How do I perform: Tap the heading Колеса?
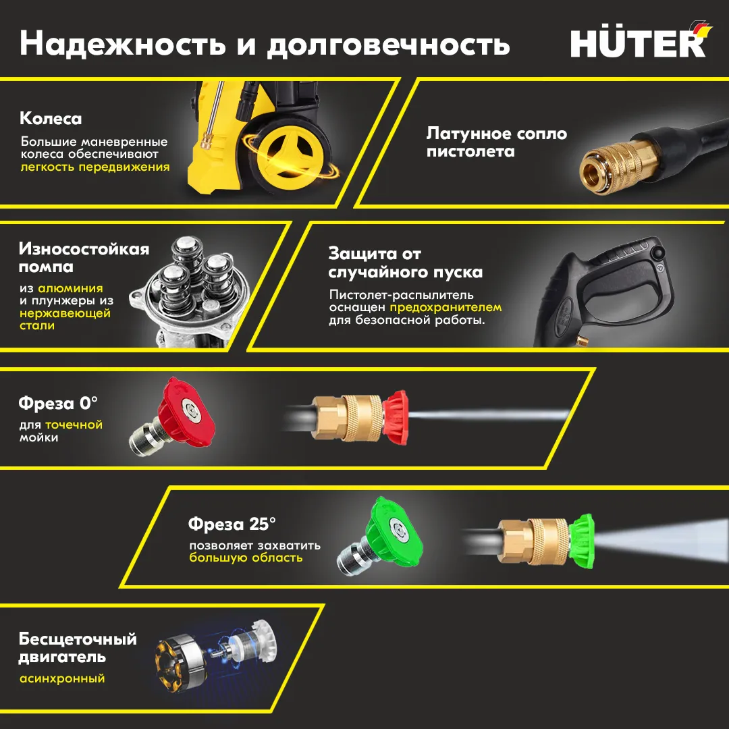[51, 119]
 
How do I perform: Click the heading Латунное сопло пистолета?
[497, 142]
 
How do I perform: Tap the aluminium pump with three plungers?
[190, 290]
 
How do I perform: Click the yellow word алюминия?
[70, 288]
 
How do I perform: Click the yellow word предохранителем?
[446, 307]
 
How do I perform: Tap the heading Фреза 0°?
[58, 402]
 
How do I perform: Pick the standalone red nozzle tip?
[173, 417]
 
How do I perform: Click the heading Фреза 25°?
[232, 524]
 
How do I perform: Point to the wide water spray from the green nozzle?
[660, 540]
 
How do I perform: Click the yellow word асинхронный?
[62, 679]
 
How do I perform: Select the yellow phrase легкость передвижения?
[95, 167]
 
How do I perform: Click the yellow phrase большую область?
[246, 558]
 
